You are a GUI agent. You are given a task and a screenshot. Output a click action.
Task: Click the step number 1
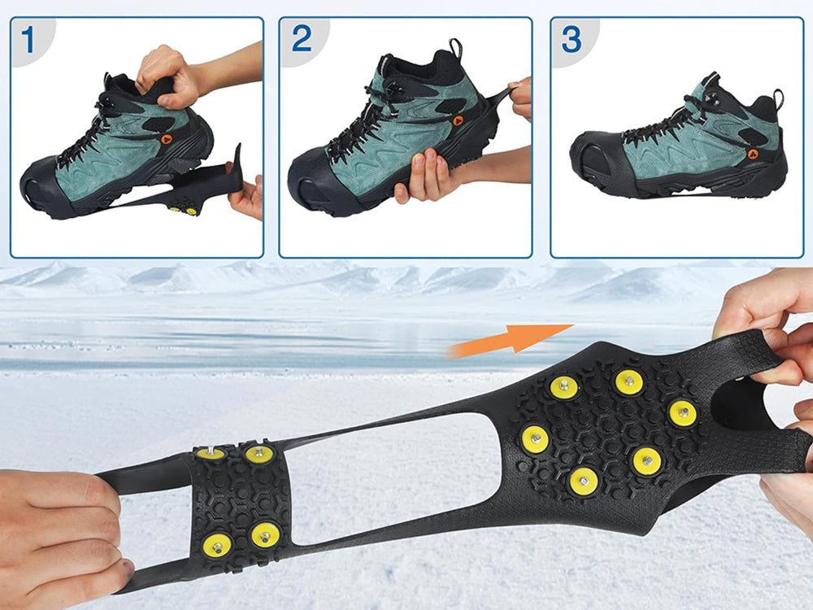(x=28, y=40)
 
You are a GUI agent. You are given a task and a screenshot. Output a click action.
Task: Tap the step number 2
(x=302, y=38)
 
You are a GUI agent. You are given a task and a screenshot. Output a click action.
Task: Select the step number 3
(x=572, y=39)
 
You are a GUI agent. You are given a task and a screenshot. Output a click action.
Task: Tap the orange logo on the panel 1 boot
(x=167, y=139)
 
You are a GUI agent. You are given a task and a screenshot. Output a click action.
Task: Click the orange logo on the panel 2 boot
(x=458, y=121)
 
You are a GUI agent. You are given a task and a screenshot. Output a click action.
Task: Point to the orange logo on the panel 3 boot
(x=752, y=154)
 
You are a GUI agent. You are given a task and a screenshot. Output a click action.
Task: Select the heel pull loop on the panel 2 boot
(x=455, y=48)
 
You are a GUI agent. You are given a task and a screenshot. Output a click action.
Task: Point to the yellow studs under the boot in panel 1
(x=182, y=210)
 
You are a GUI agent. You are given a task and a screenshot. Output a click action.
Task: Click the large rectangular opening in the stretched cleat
(x=394, y=477)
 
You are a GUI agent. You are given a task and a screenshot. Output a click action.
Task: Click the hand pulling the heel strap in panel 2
(x=521, y=98)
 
